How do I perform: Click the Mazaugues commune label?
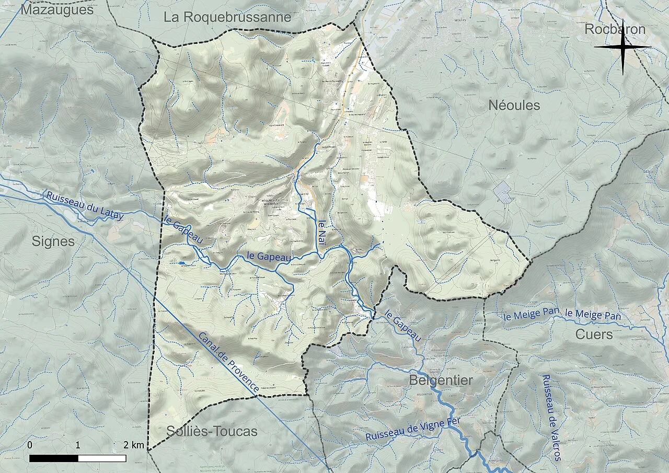click(x=57, y=9)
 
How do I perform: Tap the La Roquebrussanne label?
click(x=227, y=17)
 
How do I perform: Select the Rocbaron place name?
click(x=615, y=29)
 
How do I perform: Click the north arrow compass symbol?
click(x=623, y=47)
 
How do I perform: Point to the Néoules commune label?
click(x=514, y=105)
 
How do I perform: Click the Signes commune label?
click(x=53, y=241)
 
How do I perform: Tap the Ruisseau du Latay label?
click(x=85, y=204)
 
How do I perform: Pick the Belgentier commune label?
click(x=441, y=380)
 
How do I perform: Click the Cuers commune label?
click(x=594, y=334)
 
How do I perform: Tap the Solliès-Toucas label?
click(x=212, y=431)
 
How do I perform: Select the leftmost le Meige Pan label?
click(x=532, y=315)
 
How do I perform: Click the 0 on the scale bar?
click(x=30, y=445)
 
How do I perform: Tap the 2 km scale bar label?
click(x=134, y=445)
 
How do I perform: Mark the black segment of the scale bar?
click(x=54, y=458)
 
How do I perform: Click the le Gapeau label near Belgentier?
click(x=403, y=326)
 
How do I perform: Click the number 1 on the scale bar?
click(x=78, y=445)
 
